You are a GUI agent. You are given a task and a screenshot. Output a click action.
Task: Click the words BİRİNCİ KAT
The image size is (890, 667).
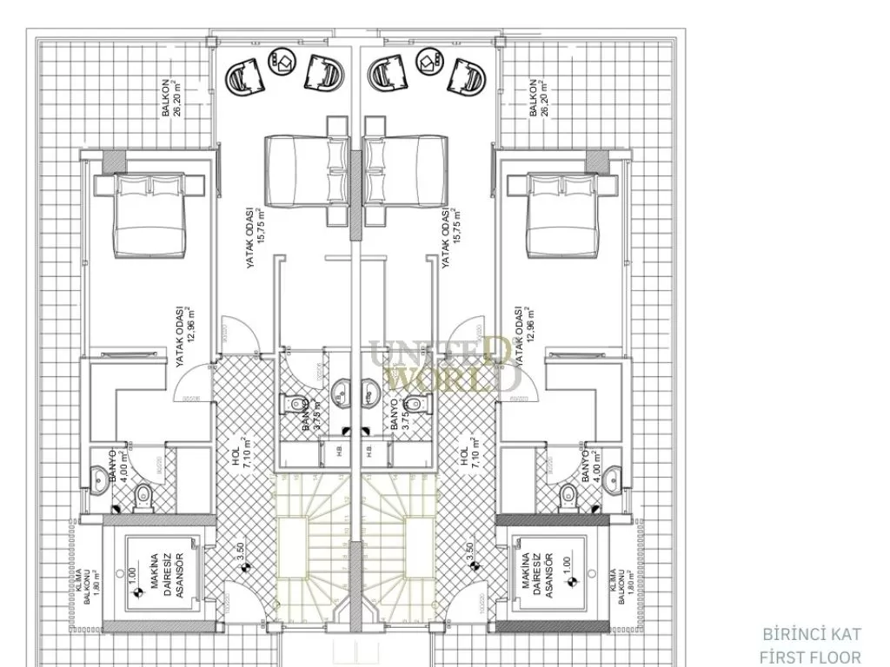pos(810,634)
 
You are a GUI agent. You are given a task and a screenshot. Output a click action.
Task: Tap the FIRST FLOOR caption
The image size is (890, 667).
pos(810,657)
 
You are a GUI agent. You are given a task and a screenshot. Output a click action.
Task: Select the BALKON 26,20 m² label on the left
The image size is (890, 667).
pos(171,102)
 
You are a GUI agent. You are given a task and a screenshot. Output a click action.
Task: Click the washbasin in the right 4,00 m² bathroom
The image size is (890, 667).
pos(614,474)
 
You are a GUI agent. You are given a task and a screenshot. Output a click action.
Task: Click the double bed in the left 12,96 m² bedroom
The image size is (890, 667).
pos(149,212)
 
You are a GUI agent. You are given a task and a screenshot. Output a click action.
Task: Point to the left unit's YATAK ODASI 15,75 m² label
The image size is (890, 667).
pos(253,237)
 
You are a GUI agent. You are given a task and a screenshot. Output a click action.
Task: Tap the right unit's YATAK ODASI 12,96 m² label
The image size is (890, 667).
pos(522,337)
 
